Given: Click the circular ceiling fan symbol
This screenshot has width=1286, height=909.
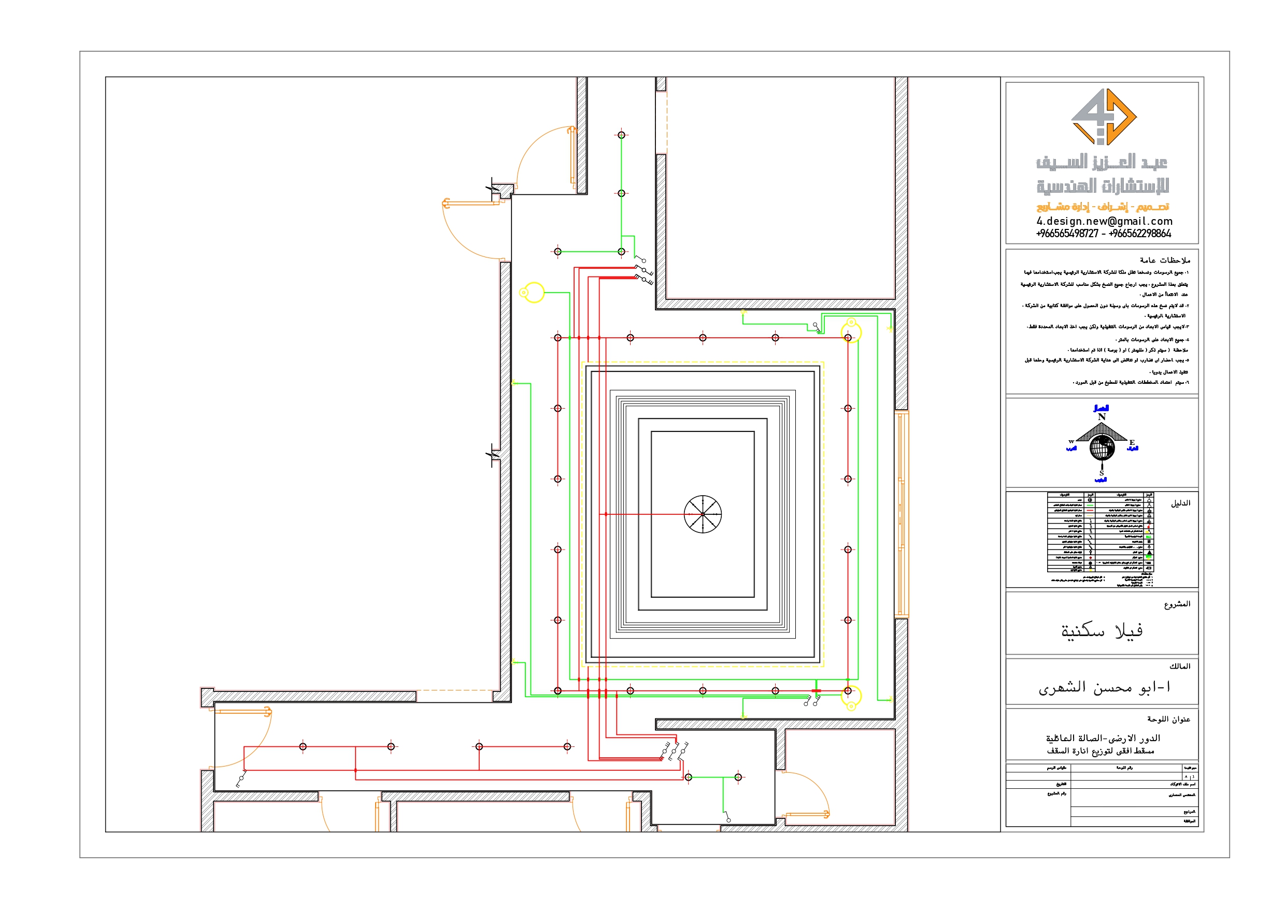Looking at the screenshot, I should click(x=703, y=514).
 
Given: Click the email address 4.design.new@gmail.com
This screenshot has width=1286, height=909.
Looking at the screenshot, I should click(x=1104, y=221).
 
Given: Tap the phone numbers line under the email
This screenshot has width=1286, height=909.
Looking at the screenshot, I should click(x=1104, y=234).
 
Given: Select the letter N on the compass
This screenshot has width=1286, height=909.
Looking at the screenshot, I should click(x=1101, y=417).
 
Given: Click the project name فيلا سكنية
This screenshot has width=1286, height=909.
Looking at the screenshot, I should click(x=1101, y=631).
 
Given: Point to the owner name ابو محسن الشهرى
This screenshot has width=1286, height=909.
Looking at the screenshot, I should click(x=1104, y=687).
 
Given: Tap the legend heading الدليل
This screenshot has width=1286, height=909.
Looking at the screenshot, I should click(x=1180, y=503).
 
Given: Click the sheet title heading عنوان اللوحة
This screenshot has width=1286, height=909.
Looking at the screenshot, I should click(x=1168, y=718).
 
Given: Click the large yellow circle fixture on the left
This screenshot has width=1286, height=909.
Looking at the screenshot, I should click(x=534, y=292).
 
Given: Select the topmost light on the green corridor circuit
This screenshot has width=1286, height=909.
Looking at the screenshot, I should click(x=621, y=135).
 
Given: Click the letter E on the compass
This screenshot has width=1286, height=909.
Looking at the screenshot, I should click(x=1132, y=442).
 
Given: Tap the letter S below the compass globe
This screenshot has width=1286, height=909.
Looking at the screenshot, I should click(x=1101, y=473).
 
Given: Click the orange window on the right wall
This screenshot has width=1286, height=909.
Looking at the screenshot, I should click(x=901, y=514).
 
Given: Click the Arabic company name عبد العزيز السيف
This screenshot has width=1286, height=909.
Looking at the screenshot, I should click(x=1101, y=163).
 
